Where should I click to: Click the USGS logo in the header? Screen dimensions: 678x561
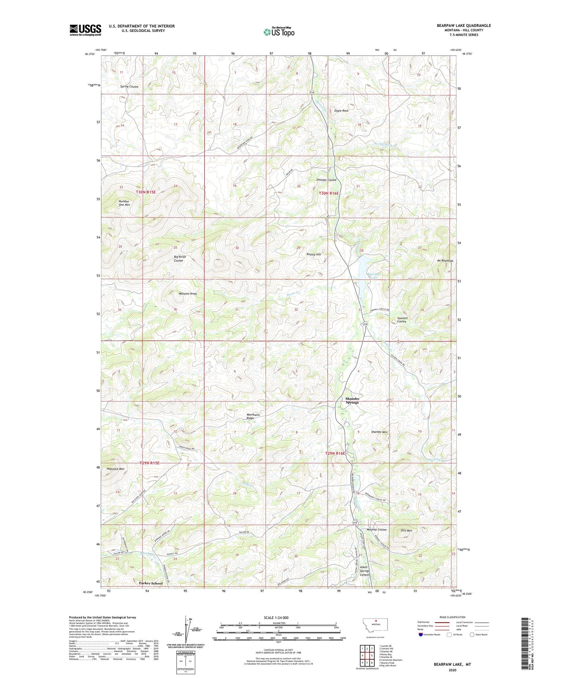[x=85, y=30]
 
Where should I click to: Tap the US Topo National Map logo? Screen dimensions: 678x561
[x=279, y=32]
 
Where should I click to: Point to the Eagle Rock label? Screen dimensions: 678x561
[x=341, y=111]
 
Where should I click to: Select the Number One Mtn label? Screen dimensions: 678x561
[x=124, y=203]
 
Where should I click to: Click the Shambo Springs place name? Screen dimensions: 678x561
[x=352, y=401]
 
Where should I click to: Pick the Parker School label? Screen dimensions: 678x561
[x=151, y=583]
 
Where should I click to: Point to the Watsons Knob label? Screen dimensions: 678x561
[x=188, y=294]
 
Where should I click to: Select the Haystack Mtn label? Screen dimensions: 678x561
[x=116, y=469]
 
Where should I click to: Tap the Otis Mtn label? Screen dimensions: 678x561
[x=406, y=530]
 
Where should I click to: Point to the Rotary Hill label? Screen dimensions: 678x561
[x=314, y=254]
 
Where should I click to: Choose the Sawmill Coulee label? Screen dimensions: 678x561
[x=402, y=320]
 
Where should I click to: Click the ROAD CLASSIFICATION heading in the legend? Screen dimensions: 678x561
[x=453, y=617]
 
